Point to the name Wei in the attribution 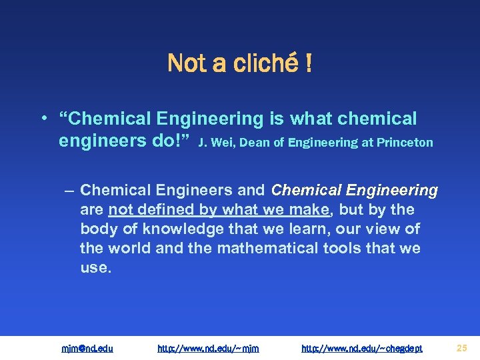point(229,142)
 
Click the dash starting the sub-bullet point(70,191)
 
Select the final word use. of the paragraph point(95,268)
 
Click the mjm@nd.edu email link point(87,348)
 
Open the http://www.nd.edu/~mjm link point(208,348)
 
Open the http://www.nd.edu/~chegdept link point(362,348)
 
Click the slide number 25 point(461,347)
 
